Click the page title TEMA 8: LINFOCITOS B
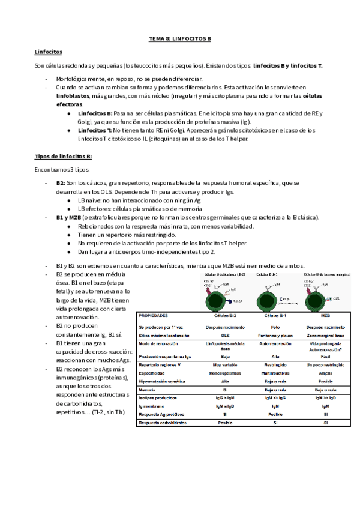pos(180,39)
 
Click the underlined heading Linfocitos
pos(49,52)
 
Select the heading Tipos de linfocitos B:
pos(63,157)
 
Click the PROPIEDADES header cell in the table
pos(154,315)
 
